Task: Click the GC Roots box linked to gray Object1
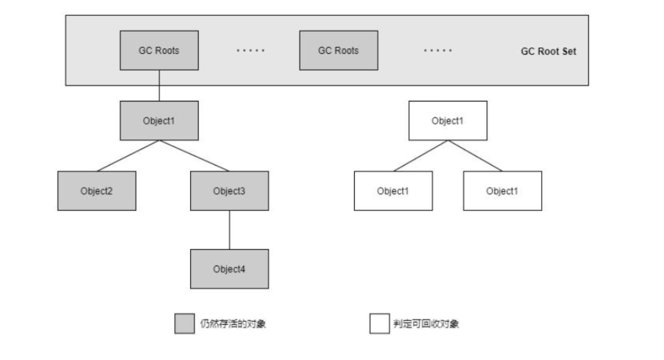point(159,50)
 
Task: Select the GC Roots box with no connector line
point(338,50)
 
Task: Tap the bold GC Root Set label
point(549,51)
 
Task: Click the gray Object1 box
point(159,120)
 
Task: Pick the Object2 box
point(96,191)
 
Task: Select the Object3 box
point(229,191)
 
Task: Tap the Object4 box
point(229,269)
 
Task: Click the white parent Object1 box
point(449,120)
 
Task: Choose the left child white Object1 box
point(393,191)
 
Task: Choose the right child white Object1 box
point(502,191)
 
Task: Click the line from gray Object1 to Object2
point(128,156)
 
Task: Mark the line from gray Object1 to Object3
point(194,156)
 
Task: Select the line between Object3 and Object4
point(229,229)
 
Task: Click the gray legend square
point(184,324)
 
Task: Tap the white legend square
point(379,324)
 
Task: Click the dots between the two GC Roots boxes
point(250,51)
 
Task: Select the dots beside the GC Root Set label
point(438,51)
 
